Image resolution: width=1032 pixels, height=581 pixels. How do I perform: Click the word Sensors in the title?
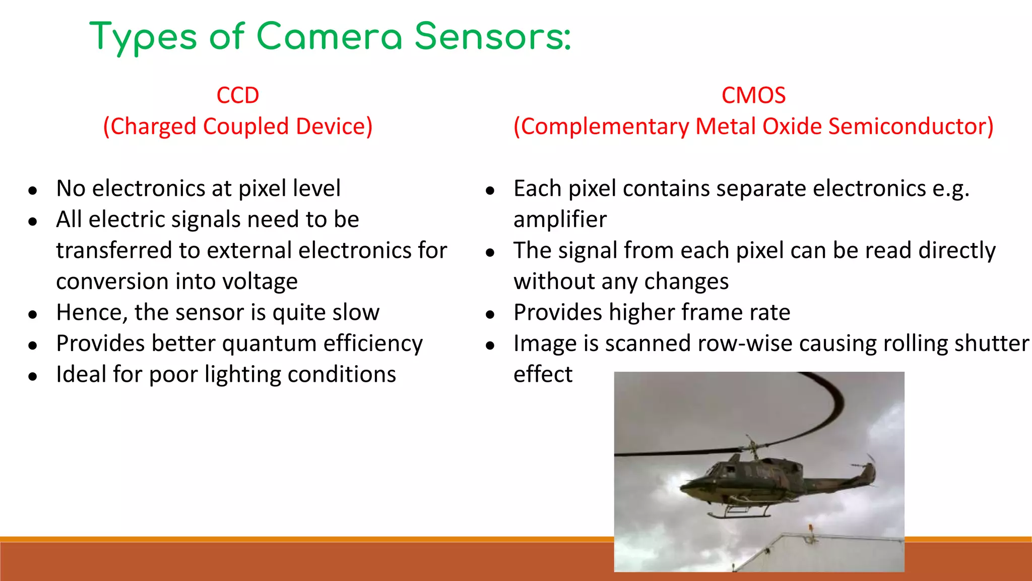point(493,36)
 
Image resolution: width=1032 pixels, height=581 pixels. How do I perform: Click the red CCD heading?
point(237,95)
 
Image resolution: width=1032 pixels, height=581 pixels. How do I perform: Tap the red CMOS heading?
point(753,95)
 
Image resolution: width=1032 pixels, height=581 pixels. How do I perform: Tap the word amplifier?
point(560,219)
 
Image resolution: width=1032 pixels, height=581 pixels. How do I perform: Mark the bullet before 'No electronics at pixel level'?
point(33,191)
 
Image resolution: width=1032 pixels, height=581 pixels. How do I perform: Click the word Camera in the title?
point(330,36)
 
